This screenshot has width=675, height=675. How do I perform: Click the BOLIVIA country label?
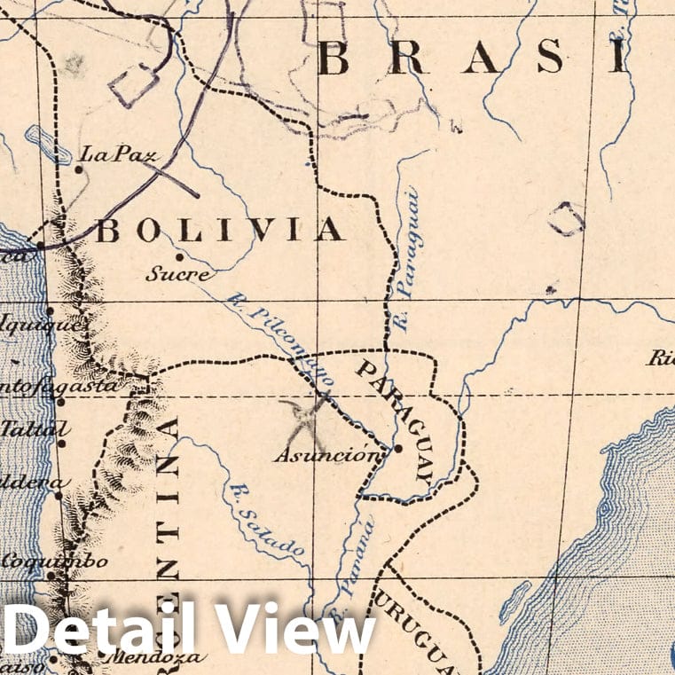point(219,231)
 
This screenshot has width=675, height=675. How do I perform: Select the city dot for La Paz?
point(80,169)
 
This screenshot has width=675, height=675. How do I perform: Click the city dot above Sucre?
point(179,257)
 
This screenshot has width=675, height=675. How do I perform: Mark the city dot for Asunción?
point(398,448)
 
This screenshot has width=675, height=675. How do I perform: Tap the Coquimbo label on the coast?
point(55,561)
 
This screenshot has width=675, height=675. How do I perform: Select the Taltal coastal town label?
point(35,428)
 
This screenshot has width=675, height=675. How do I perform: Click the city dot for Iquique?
point(51,310)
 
